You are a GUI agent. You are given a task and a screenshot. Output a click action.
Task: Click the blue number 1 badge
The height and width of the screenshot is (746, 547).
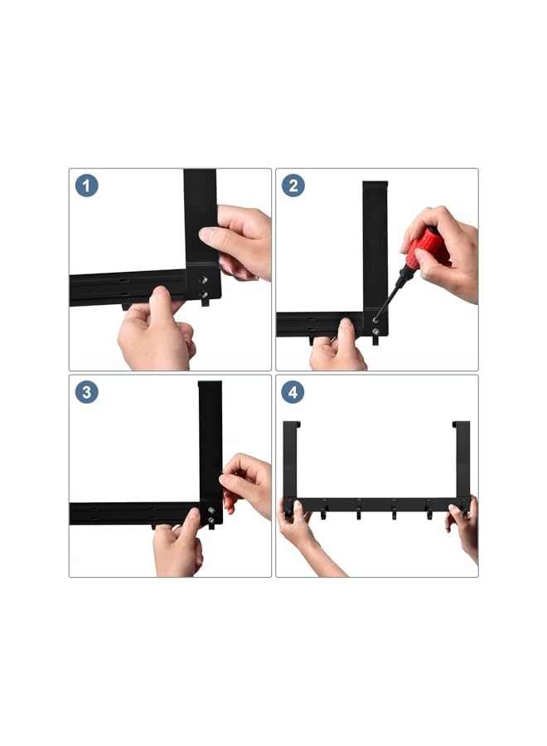tap(86, 186)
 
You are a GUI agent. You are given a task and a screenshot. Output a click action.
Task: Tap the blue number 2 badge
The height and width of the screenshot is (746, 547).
tap(293, 186)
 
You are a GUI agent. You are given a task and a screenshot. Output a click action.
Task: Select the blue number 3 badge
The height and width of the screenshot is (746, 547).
tap(86, 393)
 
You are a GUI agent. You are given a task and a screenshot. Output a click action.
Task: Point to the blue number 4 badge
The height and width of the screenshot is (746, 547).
tap(293, 393)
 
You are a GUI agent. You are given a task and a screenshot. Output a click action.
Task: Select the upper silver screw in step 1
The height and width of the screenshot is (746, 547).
tap(204, 280)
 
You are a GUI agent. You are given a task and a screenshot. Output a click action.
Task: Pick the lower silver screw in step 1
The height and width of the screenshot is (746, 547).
tap(204, 295)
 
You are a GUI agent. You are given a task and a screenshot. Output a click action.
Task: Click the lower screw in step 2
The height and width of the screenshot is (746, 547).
tap(376, 331)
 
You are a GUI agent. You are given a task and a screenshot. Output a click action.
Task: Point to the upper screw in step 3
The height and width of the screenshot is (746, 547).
tap(211, 510)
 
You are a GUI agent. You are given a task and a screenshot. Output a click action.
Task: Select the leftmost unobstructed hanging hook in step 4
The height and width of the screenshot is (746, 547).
tap(323, 511)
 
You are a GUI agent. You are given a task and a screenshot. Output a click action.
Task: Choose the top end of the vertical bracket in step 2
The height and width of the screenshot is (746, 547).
tap(375, 184)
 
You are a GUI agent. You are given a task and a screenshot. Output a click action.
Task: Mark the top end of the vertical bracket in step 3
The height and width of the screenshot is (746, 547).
tap(210, 384)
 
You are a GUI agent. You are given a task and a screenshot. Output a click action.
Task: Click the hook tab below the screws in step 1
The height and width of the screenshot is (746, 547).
tap(205, 302)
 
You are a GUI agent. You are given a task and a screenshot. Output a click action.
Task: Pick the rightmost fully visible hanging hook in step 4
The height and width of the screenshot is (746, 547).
tap(429, 511)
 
